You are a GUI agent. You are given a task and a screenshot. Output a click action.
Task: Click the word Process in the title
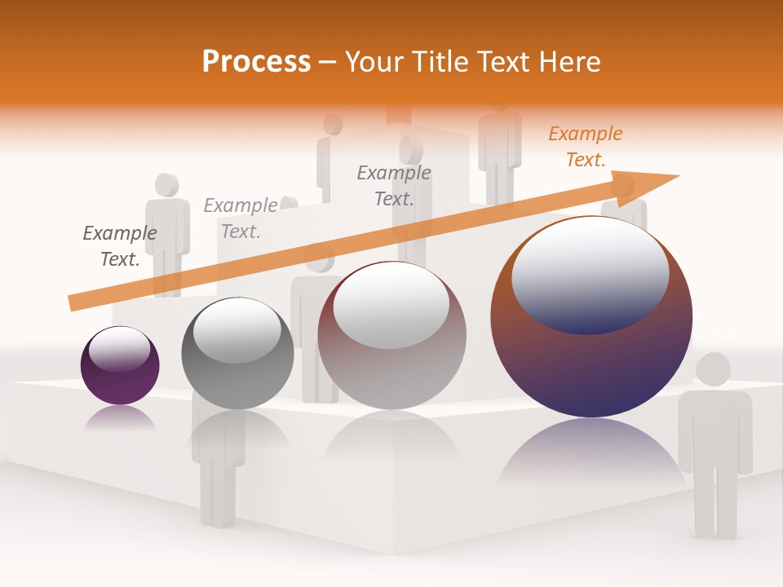256,61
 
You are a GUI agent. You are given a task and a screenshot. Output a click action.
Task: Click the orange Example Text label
585,147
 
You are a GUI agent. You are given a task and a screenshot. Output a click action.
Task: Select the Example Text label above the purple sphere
120,245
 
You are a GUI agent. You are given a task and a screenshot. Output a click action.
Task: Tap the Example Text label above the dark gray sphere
240,218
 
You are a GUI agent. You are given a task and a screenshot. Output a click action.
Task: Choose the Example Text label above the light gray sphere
394,185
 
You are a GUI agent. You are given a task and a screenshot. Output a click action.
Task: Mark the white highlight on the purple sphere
119,349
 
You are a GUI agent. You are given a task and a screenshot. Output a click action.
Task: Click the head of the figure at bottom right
713,369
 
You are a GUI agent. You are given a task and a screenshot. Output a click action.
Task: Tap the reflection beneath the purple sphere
120,419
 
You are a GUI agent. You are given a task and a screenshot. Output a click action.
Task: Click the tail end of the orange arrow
73,303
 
